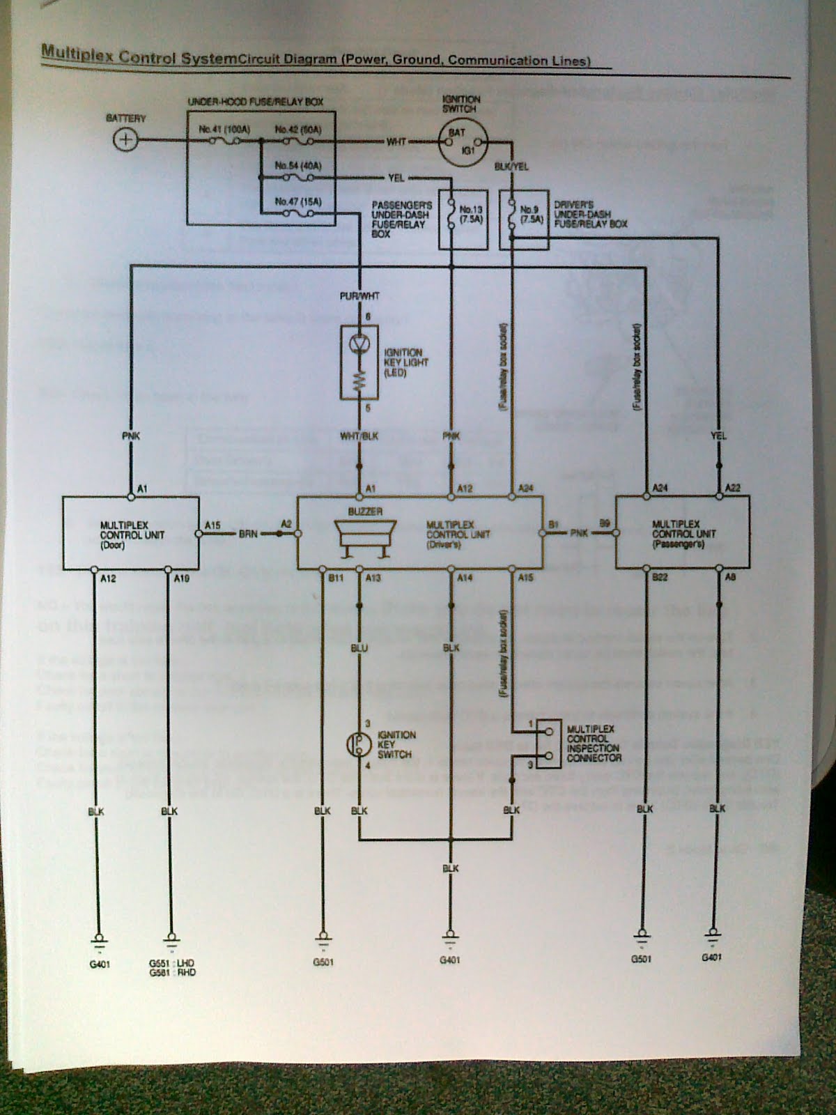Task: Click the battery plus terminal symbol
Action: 125,140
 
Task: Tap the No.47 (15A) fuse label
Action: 297,201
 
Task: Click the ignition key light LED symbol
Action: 359,343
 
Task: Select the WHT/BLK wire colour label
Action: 359,436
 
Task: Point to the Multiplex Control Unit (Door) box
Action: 130,533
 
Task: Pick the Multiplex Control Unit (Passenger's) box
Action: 682,533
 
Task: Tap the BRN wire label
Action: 249,534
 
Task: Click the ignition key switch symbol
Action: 358,744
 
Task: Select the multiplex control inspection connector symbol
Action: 550,744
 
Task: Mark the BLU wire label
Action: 359,648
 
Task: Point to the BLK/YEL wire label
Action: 511,167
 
